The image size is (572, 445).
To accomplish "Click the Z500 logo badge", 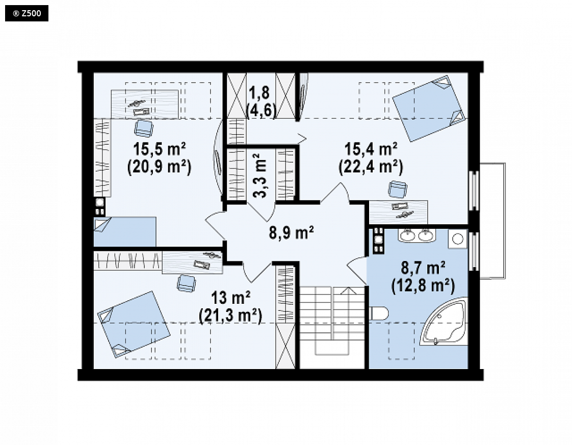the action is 27,13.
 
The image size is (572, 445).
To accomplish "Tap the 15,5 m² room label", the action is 160,149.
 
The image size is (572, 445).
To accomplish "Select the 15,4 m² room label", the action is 371,149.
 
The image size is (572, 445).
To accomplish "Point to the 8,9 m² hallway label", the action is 292,232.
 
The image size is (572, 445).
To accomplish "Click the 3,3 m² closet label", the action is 259,175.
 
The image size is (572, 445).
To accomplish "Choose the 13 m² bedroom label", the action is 230,298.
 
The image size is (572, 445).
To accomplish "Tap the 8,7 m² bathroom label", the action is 423,268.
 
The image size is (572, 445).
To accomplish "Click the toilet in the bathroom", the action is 379,313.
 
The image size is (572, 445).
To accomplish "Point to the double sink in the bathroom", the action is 417,235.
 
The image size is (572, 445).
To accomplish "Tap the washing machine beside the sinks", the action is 457,239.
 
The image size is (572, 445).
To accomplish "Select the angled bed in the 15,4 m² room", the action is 429,109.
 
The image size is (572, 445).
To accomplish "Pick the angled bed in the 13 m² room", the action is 134,324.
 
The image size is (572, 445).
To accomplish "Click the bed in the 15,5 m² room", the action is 125,232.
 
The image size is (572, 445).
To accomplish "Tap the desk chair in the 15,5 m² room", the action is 144,128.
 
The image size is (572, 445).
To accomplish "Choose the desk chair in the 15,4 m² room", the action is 397,189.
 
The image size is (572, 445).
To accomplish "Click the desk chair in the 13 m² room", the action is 186,283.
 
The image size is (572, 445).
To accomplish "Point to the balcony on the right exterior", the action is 492,221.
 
